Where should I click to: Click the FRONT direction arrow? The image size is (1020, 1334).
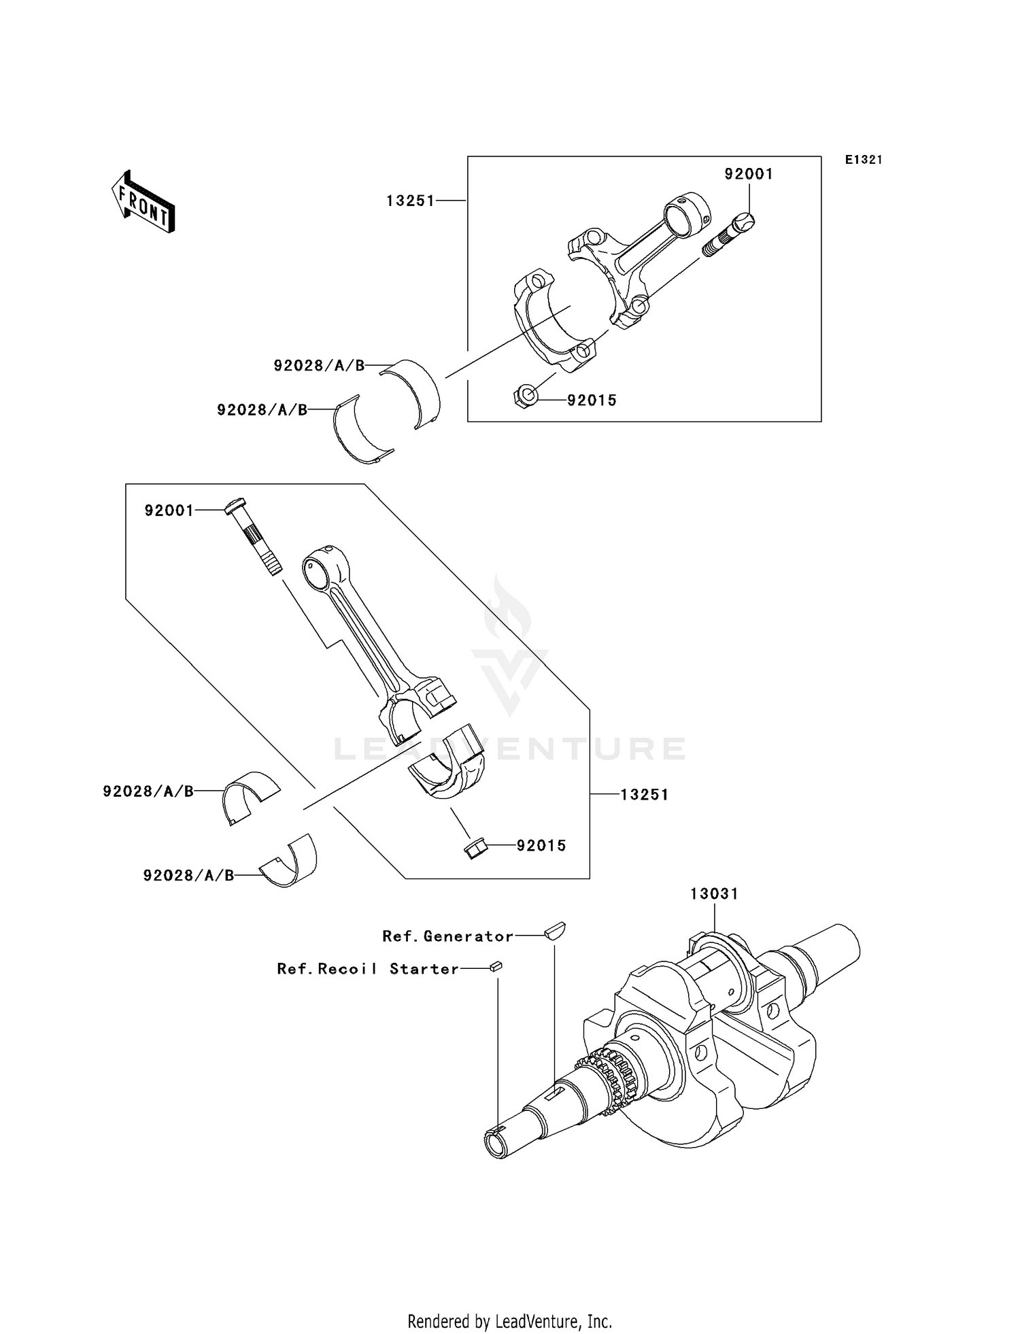(143, 203)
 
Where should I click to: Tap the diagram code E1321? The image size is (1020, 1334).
(864, 160)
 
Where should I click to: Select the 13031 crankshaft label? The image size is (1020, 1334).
(714, 893)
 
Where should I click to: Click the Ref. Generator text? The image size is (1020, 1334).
(447, 936)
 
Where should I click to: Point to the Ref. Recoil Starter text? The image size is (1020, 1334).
(368, 969)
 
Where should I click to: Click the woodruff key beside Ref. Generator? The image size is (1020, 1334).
(555, 930)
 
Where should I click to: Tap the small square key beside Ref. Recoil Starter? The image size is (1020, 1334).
(496, 965)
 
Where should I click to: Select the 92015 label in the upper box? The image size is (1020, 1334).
(592, 400)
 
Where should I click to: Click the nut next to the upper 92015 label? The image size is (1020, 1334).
(524, 394)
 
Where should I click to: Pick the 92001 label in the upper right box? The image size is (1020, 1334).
(749, 174)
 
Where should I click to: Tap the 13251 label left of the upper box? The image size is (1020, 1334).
(410, 201)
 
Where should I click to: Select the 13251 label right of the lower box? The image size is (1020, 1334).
(645, 794)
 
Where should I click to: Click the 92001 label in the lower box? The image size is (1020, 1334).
(169, 511)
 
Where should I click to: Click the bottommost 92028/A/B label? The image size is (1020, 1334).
(188, 876)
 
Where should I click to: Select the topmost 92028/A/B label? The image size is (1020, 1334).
(319, 366)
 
